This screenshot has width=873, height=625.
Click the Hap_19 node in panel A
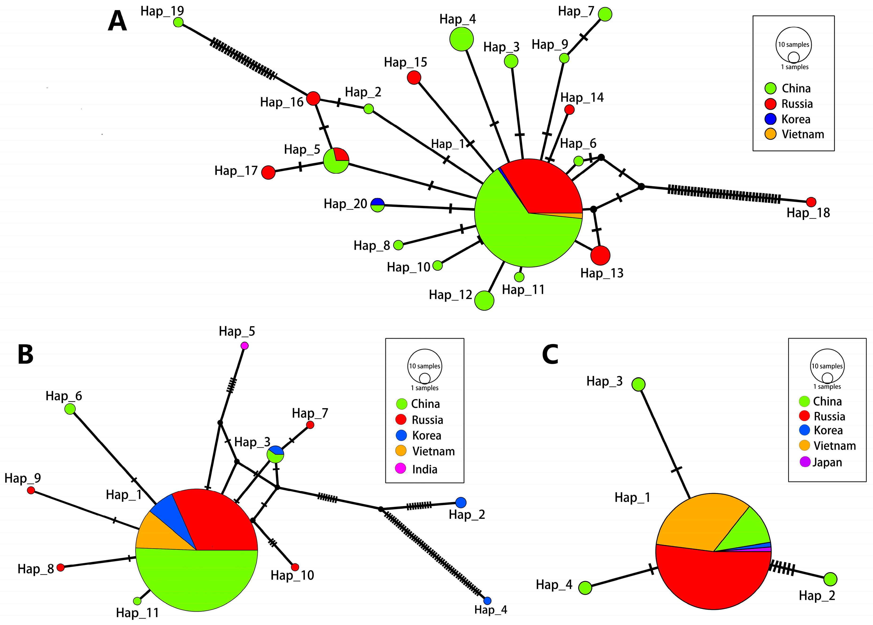[178, 22]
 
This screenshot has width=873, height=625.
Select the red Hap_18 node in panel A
[811, 202]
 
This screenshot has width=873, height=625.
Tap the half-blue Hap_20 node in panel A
[378, 205]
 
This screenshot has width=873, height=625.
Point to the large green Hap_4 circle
[461, 39]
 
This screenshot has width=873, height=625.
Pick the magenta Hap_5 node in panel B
[244, 346]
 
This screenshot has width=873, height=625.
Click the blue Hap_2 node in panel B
[461, 502]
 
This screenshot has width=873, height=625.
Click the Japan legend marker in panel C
[805, 462]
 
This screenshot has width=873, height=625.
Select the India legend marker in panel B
[401, 468]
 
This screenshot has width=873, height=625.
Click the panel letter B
[25, 355]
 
